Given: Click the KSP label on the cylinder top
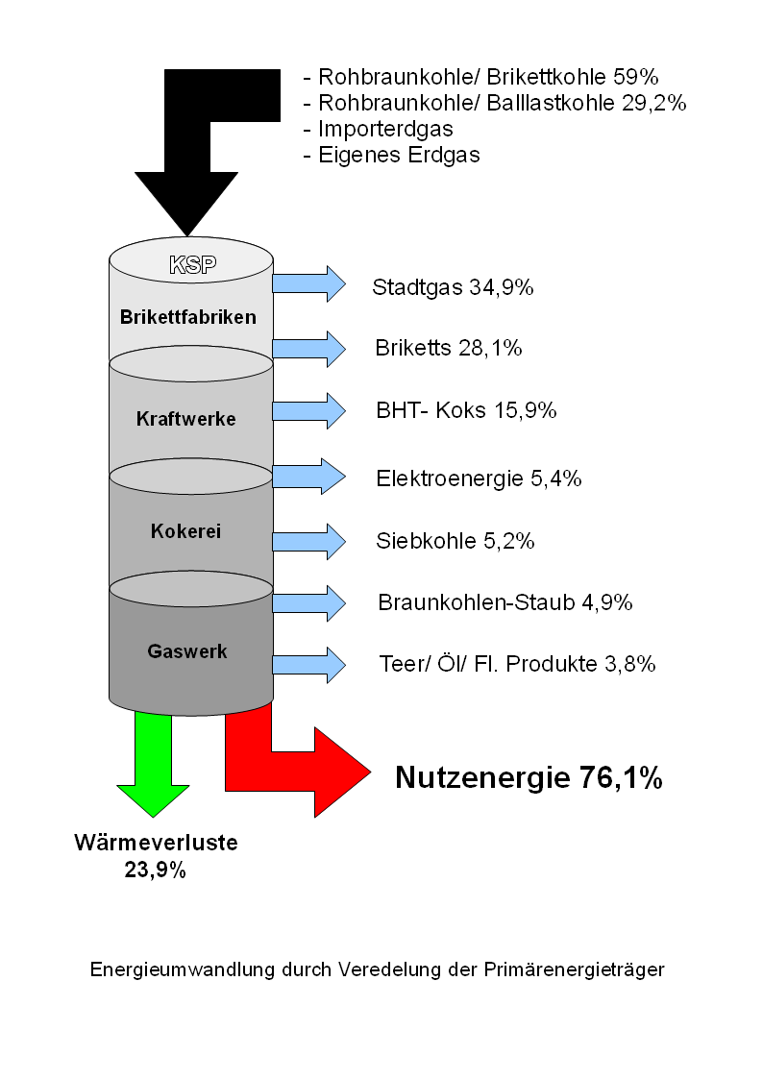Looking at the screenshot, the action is (x=192, y=264).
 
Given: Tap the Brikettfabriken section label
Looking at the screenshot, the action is (x=187, y=316).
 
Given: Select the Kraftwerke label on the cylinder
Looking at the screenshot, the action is (x=185, y=418).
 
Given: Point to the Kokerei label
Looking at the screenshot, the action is (x=185, y=531).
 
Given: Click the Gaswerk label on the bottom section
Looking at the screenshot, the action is (x=187, y=651).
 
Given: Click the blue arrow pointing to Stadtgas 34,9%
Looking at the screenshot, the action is (x=308, y=283).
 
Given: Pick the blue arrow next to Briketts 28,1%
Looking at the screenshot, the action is (x=308, y=348).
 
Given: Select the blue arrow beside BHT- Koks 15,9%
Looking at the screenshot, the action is (x=308, y=411).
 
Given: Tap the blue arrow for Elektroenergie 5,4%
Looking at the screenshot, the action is (x=308, y=477).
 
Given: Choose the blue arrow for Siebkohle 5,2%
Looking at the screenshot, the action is (x=308, y=541).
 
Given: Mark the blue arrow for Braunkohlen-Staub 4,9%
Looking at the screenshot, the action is (x=308, y=602).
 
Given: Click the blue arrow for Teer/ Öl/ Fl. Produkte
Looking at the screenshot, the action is (x=308, y=665).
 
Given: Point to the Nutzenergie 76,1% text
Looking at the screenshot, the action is (x=529, y=777).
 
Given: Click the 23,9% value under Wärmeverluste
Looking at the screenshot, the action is (x=156, y=871).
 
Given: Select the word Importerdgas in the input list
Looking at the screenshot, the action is (x=385, y=130).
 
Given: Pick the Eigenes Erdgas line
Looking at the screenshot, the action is (x=391, y=156).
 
